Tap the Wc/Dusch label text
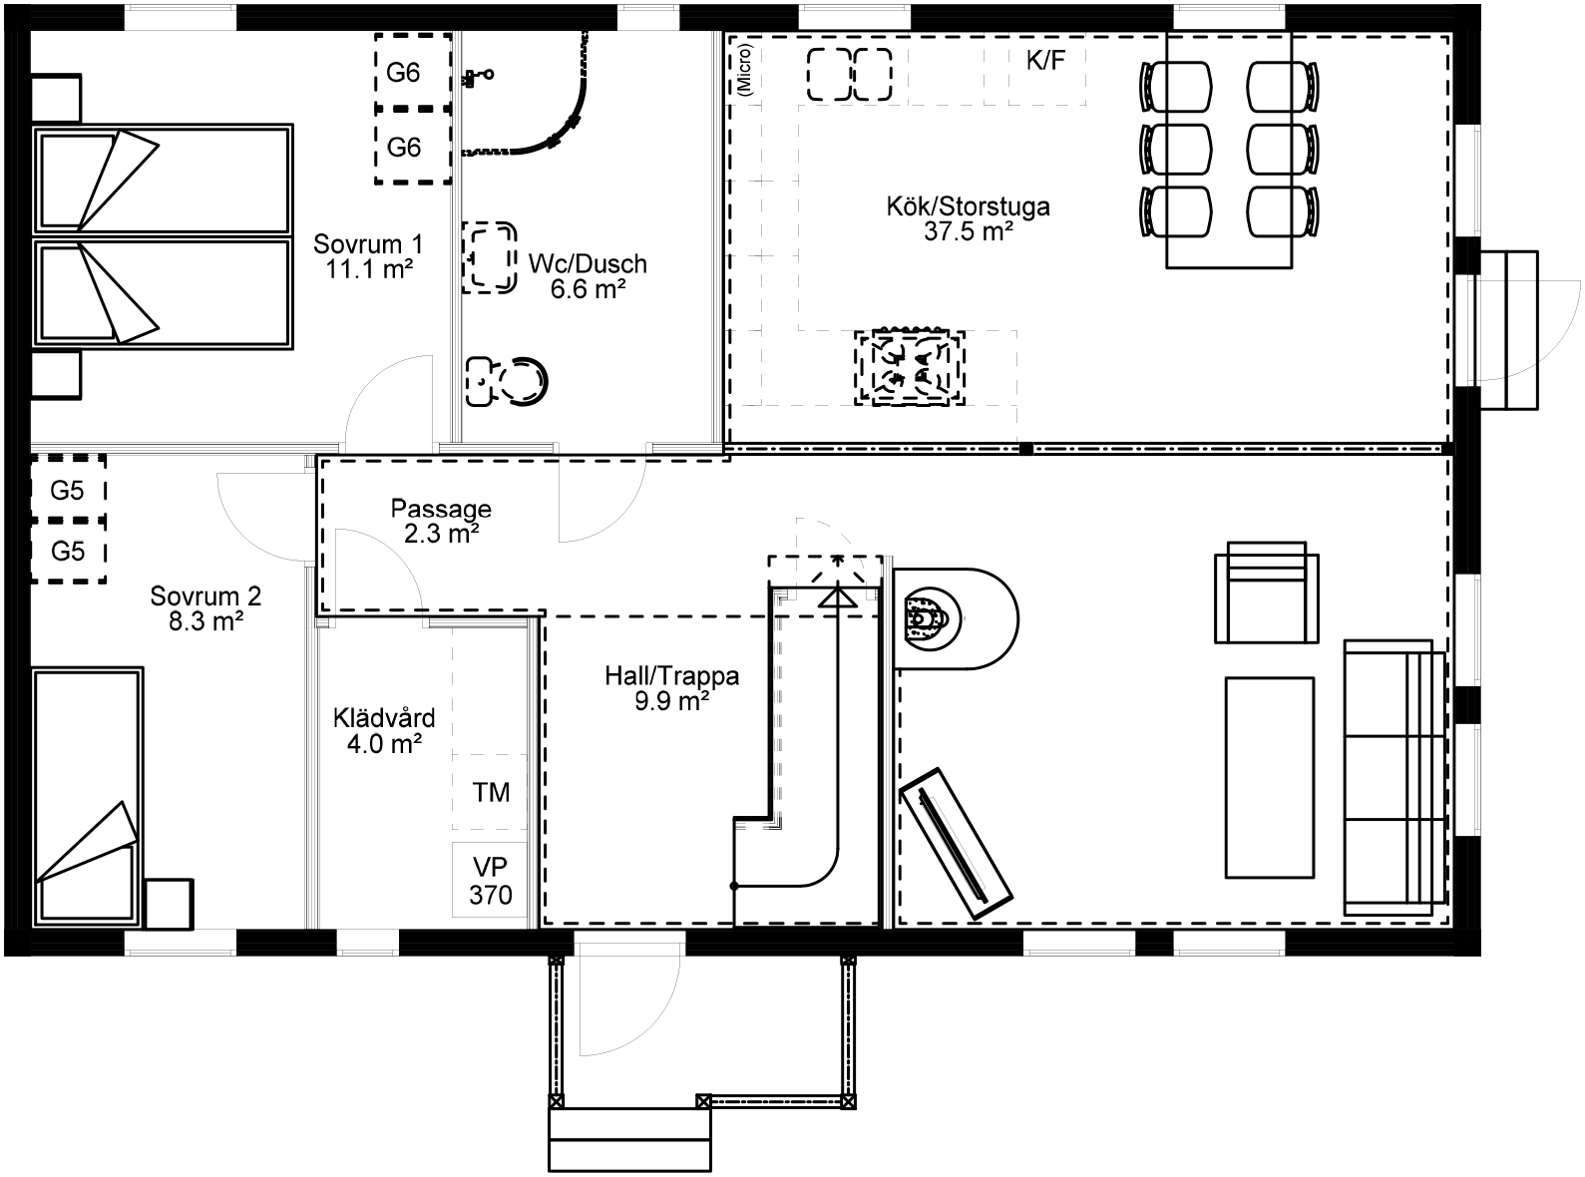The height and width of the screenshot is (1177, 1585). coord(588,263)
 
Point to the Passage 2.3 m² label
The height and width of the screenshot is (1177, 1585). coord(441,521)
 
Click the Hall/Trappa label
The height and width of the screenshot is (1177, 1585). coord(671,675)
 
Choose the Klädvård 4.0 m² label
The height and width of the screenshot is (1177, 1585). coord(384,730)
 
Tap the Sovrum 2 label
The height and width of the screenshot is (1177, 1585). coord(205,595)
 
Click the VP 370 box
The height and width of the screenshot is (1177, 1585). coord(490,880)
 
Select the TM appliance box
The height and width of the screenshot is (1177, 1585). coord(490,792)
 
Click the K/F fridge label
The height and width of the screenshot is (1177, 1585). coord(1045,61)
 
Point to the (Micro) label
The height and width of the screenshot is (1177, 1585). coord(744,69)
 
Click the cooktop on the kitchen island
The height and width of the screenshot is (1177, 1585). coord(910,367)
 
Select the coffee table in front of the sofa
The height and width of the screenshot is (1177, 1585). coord(1270,778)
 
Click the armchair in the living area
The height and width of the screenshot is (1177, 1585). coord(1267,592)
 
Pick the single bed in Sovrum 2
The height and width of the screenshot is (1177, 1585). coord(87,798)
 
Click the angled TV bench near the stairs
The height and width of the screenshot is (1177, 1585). coord(956,843)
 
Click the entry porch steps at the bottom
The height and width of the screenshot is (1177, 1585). coord(629,1139)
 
